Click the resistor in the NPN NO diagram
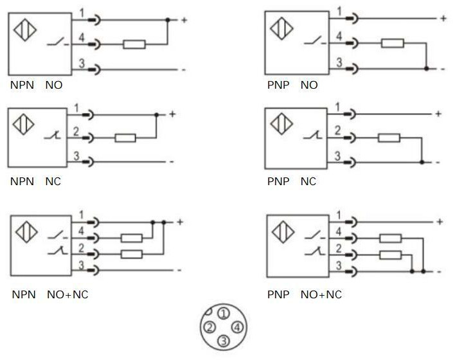134,44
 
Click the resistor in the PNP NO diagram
392,43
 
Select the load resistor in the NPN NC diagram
125,138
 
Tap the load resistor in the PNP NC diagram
389,137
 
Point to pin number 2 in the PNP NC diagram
337,130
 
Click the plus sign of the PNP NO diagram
443,18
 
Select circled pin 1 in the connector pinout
223,314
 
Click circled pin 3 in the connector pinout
223,341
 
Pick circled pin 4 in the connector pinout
237,327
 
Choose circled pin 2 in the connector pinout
209,327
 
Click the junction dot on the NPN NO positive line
168,21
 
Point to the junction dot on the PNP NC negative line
421,161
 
